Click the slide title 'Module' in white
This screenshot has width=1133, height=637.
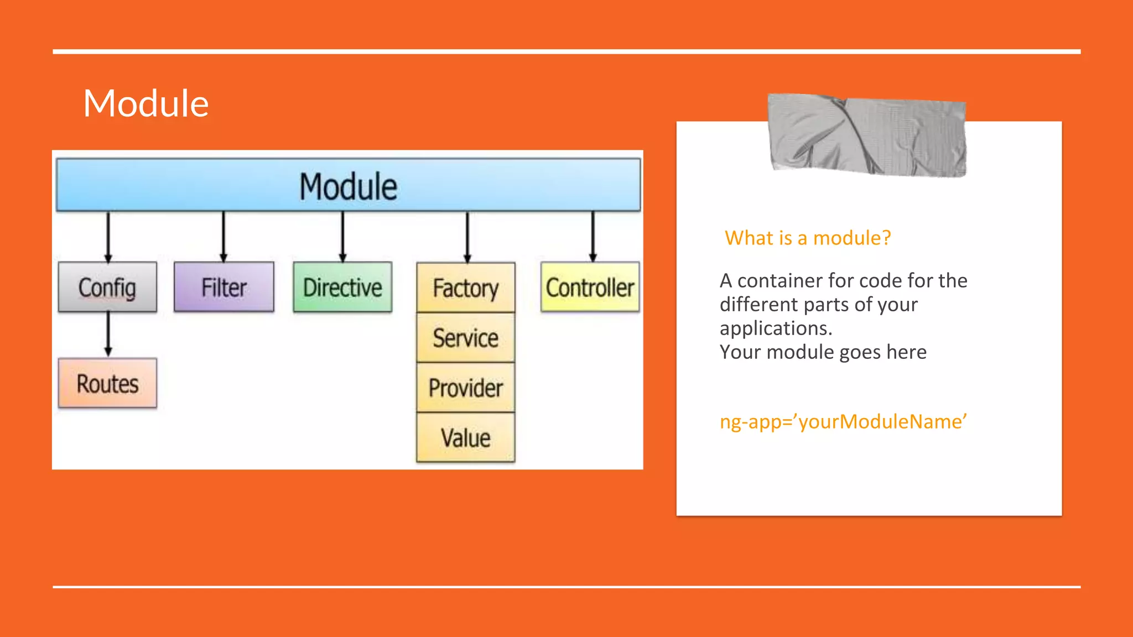pyautogui.click(x=146, y=103)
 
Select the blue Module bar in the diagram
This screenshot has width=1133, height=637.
pyautogui.click(x=349, y=185)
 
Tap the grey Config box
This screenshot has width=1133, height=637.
pyautogui.click(x=107, y=287)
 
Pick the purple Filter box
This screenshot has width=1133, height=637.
pyautogui.click(x=224, y=287)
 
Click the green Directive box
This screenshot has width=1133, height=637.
pyautogui.click(x=342, y=287)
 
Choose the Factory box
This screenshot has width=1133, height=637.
pyautogui.click(x=466, y=288)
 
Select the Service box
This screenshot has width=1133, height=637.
pyautogui.click(x=466, y=338)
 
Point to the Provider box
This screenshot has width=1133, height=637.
pyautogui.click(x=466, y=388)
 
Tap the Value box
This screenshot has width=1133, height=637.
pyautogui.click(x=466, y=437)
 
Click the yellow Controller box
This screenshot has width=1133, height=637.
pyautogui.click(x=590, y=287)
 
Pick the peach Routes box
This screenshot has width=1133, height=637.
pyautogui.click(x=107, y=383)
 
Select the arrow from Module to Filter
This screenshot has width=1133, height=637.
pyautogui.click(x=224, y=237)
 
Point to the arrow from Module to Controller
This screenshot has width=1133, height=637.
pyautogui.click(x=593, y=237)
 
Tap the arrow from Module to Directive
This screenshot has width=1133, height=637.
pyautogui.click(x=342, y=237)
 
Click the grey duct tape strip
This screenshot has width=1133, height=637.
pyautogui.click(x=867, y=135)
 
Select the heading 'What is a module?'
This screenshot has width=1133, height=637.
pyautogui.click(x=808, y=238)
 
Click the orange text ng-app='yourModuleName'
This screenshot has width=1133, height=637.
pyautogui.click(x=843, y=421)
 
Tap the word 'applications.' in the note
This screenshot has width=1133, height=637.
pyautogui.click(x=776, y=328)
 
